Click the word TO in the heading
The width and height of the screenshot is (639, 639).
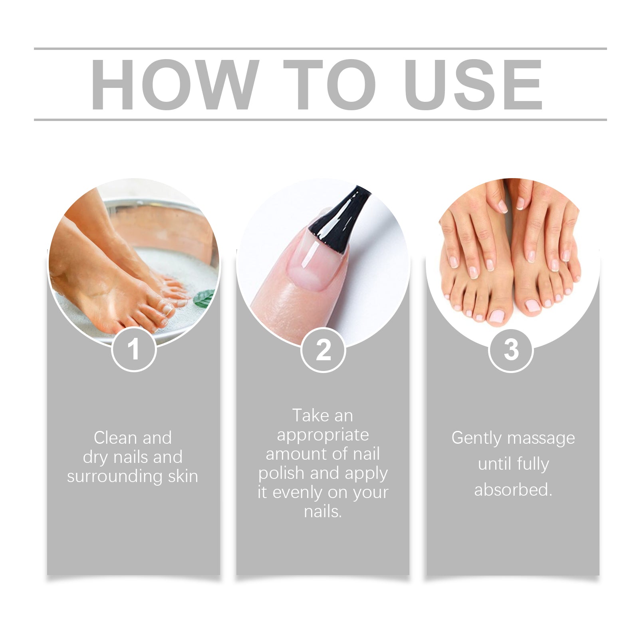click(329, 84)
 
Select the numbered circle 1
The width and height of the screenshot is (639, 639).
click(134, 349)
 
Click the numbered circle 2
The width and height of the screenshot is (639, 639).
click(323, 350)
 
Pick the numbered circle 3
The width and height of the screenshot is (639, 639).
click(511, 350)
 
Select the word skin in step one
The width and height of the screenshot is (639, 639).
click(183, 476)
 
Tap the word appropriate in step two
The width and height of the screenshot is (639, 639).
click(323, 435)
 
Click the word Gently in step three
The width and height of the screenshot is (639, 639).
click(476, 438)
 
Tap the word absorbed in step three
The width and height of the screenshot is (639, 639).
click(513, 490)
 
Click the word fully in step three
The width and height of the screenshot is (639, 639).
click(533, 464)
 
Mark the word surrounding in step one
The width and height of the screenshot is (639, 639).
click(115, 476)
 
